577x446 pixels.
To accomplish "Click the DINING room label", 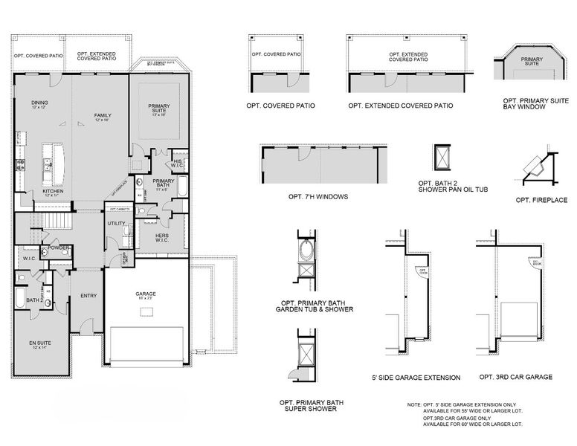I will (x=39, y=105).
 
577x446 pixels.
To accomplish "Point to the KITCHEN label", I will (x=52, y=192).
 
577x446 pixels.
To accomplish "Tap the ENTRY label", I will (x=88, y=296).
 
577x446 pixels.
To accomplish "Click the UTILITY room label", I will (x=116, y=223).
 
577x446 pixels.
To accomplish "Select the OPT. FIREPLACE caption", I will (x=541, y=199).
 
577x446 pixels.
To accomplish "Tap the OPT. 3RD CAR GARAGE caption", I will (x=515, y=377).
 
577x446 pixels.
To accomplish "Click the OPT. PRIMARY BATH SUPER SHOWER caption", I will (x=312, y=405).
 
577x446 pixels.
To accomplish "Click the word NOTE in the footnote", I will (x=414, y=404).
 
